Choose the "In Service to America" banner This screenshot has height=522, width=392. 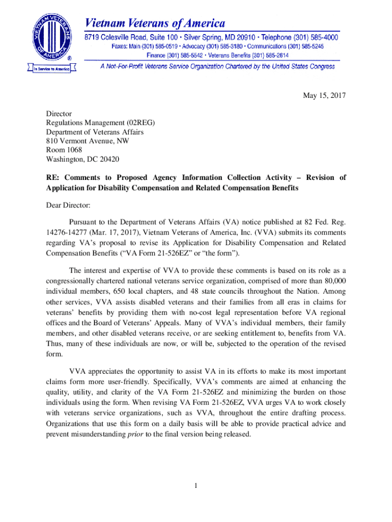click(49, 68)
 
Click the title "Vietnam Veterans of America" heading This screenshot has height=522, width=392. click(155, 23)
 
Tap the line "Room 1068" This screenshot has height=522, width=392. click(64, 150)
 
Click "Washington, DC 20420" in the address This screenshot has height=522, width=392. click(82, 160)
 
